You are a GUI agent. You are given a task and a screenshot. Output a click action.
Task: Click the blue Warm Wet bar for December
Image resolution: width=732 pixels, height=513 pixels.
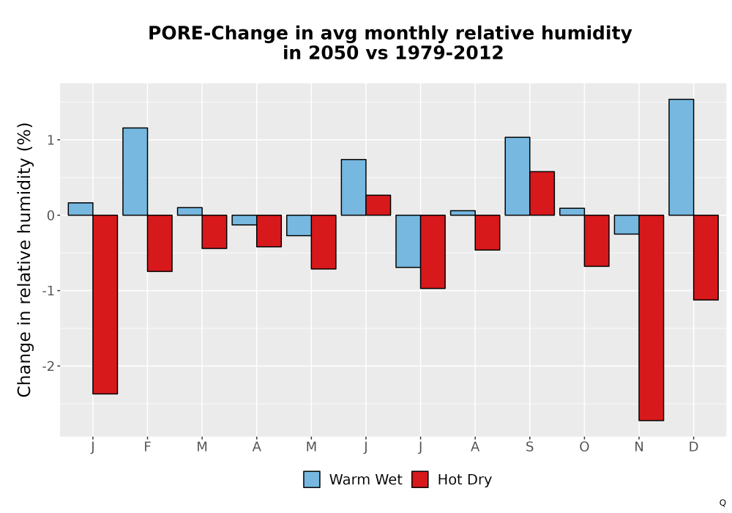pos(681,158)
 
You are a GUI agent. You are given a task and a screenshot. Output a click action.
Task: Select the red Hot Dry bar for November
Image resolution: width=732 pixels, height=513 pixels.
pos(651,318)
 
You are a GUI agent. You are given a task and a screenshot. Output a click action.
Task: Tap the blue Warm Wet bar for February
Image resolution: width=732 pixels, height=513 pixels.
pos(135,171)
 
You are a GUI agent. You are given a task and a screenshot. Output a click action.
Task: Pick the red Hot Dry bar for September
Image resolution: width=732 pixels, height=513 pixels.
pos(542,193)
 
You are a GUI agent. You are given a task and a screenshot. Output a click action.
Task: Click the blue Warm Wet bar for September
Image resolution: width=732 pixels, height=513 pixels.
pos(518,176)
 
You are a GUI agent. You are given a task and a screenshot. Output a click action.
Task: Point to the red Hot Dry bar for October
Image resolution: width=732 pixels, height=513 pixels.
pos(597,240)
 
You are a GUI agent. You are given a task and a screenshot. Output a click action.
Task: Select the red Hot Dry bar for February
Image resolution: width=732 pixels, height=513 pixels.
pos(160,243)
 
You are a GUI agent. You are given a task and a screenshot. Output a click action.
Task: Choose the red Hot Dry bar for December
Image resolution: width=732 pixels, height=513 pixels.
pos(706,257)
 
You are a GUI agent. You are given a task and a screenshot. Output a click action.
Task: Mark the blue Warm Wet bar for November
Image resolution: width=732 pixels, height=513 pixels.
pos(627,225)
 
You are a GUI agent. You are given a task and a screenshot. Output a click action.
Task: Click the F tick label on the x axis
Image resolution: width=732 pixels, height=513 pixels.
pos(148,447)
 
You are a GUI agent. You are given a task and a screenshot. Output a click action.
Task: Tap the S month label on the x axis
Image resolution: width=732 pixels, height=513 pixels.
pos(529,447)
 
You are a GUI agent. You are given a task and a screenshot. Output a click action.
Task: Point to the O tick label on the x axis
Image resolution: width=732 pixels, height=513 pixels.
pos(584,447)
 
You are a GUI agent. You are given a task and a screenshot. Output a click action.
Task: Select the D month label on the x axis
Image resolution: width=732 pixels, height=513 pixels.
pos(694,447)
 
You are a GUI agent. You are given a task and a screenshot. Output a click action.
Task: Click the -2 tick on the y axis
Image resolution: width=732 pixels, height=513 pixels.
pos(48,366)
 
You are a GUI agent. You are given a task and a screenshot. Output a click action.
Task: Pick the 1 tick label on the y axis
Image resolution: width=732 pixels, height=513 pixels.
pos(51,140)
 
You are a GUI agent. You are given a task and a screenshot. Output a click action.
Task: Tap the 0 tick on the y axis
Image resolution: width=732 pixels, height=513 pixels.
pos(51,215)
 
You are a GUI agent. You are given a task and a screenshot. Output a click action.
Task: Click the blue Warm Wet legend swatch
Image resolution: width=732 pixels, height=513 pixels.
pos(312,479)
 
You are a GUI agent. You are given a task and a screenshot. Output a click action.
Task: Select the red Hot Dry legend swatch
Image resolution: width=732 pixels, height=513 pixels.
pos(420,479)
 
